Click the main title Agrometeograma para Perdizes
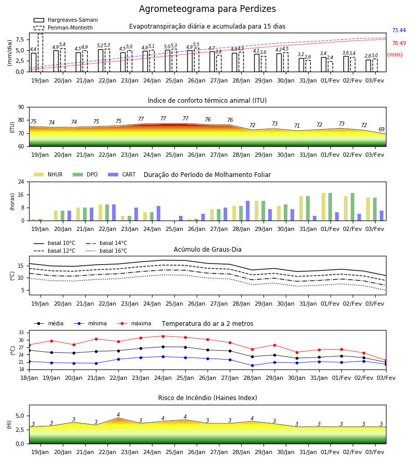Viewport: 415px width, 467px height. tap(208, 9)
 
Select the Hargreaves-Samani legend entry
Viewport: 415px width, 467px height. tap(66, 20)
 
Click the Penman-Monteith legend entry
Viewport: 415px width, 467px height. tap(63, 28)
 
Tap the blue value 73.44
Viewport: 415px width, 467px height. tap(399, 30)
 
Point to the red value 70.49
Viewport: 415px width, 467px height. tap(399, 43)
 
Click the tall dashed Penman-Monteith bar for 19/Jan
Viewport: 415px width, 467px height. tap(40, 53)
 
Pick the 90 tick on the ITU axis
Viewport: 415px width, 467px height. tap(21, 107)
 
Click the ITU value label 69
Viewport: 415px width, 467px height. tap(381, 129)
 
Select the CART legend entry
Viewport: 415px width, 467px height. tap(122, 174)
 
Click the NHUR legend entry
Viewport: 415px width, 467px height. tap(48, 174)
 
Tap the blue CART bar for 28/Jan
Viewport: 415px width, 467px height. tap(247, 211)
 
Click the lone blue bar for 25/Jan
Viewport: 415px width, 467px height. tap(181, 218)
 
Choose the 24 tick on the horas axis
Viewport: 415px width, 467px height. tap(21, 182)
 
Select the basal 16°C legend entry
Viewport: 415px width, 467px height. tap(106, 251)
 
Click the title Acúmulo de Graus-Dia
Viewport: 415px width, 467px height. tap(208, 249)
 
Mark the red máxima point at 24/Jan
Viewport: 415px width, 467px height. tap(163, 336)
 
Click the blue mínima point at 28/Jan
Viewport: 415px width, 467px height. tap(253, 365)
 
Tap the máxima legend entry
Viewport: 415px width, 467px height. tap(134, 323)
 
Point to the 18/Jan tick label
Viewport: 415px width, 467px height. tap(29, 378)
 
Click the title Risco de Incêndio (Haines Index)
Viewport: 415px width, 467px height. tap(208, 398)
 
